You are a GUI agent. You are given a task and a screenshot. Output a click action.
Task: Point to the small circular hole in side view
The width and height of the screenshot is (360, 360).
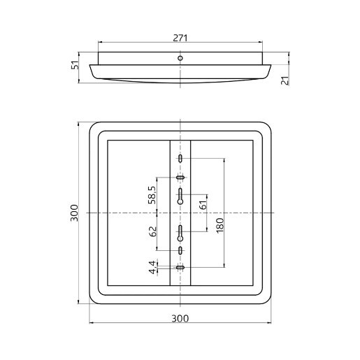[x=180, y=57]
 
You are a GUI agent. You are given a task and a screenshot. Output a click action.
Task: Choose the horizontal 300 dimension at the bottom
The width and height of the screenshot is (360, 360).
[x=180, y=319]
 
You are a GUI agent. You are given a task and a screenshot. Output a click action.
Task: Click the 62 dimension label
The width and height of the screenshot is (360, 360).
[x=152, y=232]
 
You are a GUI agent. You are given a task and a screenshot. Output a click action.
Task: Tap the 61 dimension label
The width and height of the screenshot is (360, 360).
[x=203, y=206]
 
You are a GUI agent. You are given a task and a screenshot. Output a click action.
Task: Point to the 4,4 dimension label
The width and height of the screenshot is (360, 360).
[x=152, y=266]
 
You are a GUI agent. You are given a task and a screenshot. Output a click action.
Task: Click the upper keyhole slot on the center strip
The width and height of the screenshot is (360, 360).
[x=180, y=196]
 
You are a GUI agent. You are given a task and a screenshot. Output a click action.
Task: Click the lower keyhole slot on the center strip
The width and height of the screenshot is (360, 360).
[x=180, y=231]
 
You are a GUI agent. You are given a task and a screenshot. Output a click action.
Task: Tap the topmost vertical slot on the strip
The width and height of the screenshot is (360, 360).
[x=180, y=160]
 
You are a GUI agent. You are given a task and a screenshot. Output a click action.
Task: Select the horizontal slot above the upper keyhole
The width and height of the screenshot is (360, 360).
[x=180, y=178]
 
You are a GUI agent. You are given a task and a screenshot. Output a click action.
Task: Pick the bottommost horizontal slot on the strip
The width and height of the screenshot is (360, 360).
[x=180, y=267]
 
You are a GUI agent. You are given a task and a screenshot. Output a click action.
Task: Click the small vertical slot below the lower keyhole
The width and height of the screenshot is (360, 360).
[x=180, y=250]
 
